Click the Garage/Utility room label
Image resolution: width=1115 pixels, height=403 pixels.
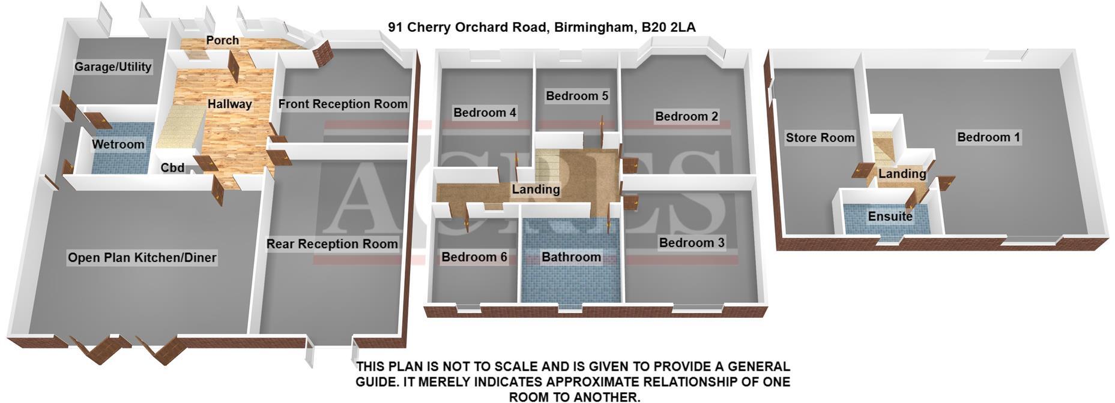click(x=113, y=67)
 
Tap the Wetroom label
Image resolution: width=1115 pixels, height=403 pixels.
click(x=118, y=144)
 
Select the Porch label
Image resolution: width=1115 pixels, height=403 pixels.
click(x=223, y=40)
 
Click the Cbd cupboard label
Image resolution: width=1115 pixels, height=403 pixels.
click(x=172, y=168)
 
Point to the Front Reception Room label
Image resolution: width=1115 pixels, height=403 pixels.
click(x=343, y=104)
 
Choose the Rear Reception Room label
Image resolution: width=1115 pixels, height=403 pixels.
click(x=332, y=243)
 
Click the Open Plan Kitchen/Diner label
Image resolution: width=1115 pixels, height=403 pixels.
click(x=142, y=257)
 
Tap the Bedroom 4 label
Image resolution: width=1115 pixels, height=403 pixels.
click(x=485, y=112)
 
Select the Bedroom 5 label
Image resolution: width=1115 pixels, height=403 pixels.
click(x=577, y=95)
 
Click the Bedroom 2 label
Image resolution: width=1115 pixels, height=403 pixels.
click(x=686, y=116)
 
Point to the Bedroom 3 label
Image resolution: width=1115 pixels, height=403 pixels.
click(x=692, y=242)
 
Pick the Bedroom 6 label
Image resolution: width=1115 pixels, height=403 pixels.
click(x=474, y=257)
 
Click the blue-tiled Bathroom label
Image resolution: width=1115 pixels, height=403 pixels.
click(x=571, y=257)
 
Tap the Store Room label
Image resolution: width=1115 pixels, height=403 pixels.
click(x=820, y=137)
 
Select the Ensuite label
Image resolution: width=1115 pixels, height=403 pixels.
click(x=890, y=216)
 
